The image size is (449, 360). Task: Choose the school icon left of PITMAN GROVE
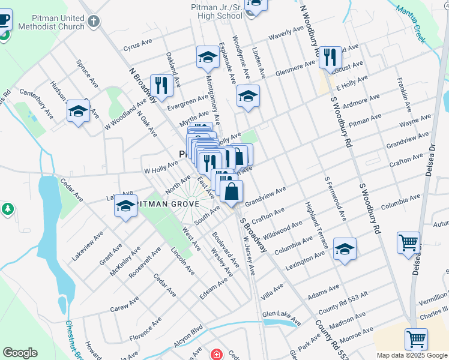[x=125, y=206]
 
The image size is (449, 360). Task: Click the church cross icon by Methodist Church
[x=93, y=22]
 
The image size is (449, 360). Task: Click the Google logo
[x=20, y=353]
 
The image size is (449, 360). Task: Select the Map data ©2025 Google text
[x=411, y=355]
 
